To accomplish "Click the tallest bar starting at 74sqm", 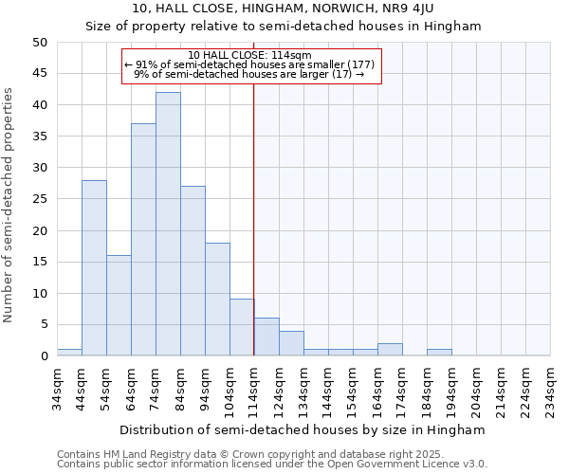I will point(168,224).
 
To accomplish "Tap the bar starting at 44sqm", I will point(94,267).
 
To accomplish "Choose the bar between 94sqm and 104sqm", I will point(217,299).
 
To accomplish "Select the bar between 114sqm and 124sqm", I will point(266,337).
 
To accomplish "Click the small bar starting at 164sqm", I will point(390,349).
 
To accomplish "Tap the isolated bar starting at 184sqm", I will point(439,352).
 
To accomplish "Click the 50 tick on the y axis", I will point(39,43).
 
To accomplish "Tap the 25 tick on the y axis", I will point(39,199).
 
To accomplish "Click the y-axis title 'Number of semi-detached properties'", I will point(9,205).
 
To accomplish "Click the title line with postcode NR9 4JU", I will point(284,8).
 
